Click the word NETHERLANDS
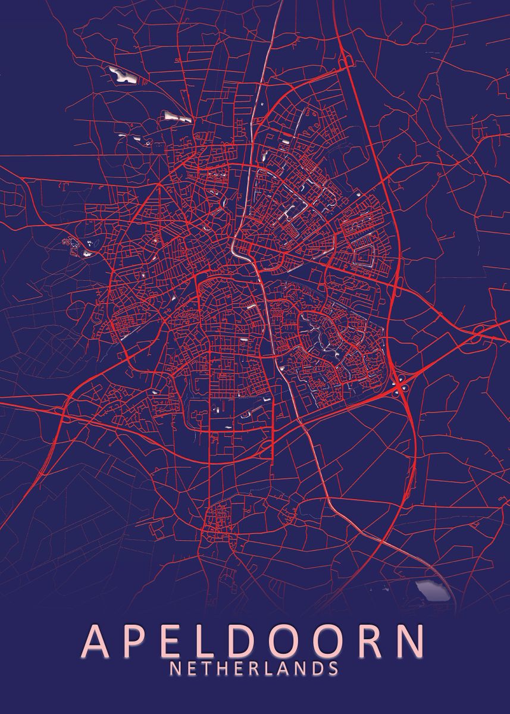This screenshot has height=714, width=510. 255,669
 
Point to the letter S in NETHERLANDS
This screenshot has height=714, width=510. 333,669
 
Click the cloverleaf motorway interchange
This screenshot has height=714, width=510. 400,387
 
